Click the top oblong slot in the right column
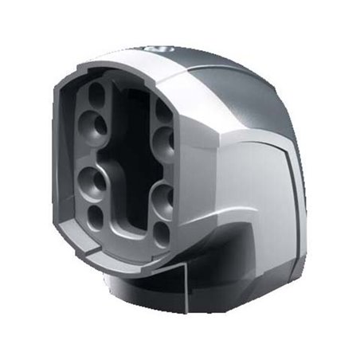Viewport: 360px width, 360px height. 164,112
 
